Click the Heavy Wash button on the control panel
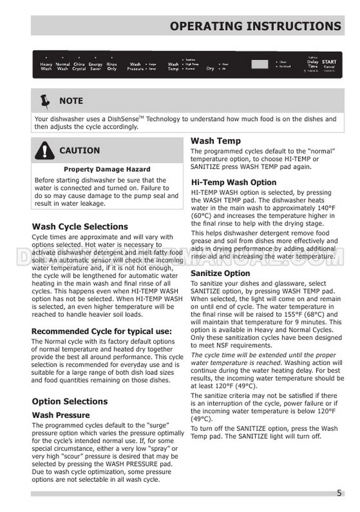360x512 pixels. pos(46,66)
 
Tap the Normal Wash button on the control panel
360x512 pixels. pos(63,66)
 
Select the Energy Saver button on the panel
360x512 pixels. pos(95,66)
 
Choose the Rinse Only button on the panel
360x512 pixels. pos(112,66)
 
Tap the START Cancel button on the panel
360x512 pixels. pos(329,64)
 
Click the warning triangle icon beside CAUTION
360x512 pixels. pos(44,151)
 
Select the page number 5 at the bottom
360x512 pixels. pos(339,493)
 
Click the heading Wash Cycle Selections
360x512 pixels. pos(80,226)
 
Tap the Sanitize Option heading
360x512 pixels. pos(220,273)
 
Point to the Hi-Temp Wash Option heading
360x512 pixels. pos(233,182)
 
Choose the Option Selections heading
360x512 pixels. pos(70,401)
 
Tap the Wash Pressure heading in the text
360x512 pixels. pos(60,415)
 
